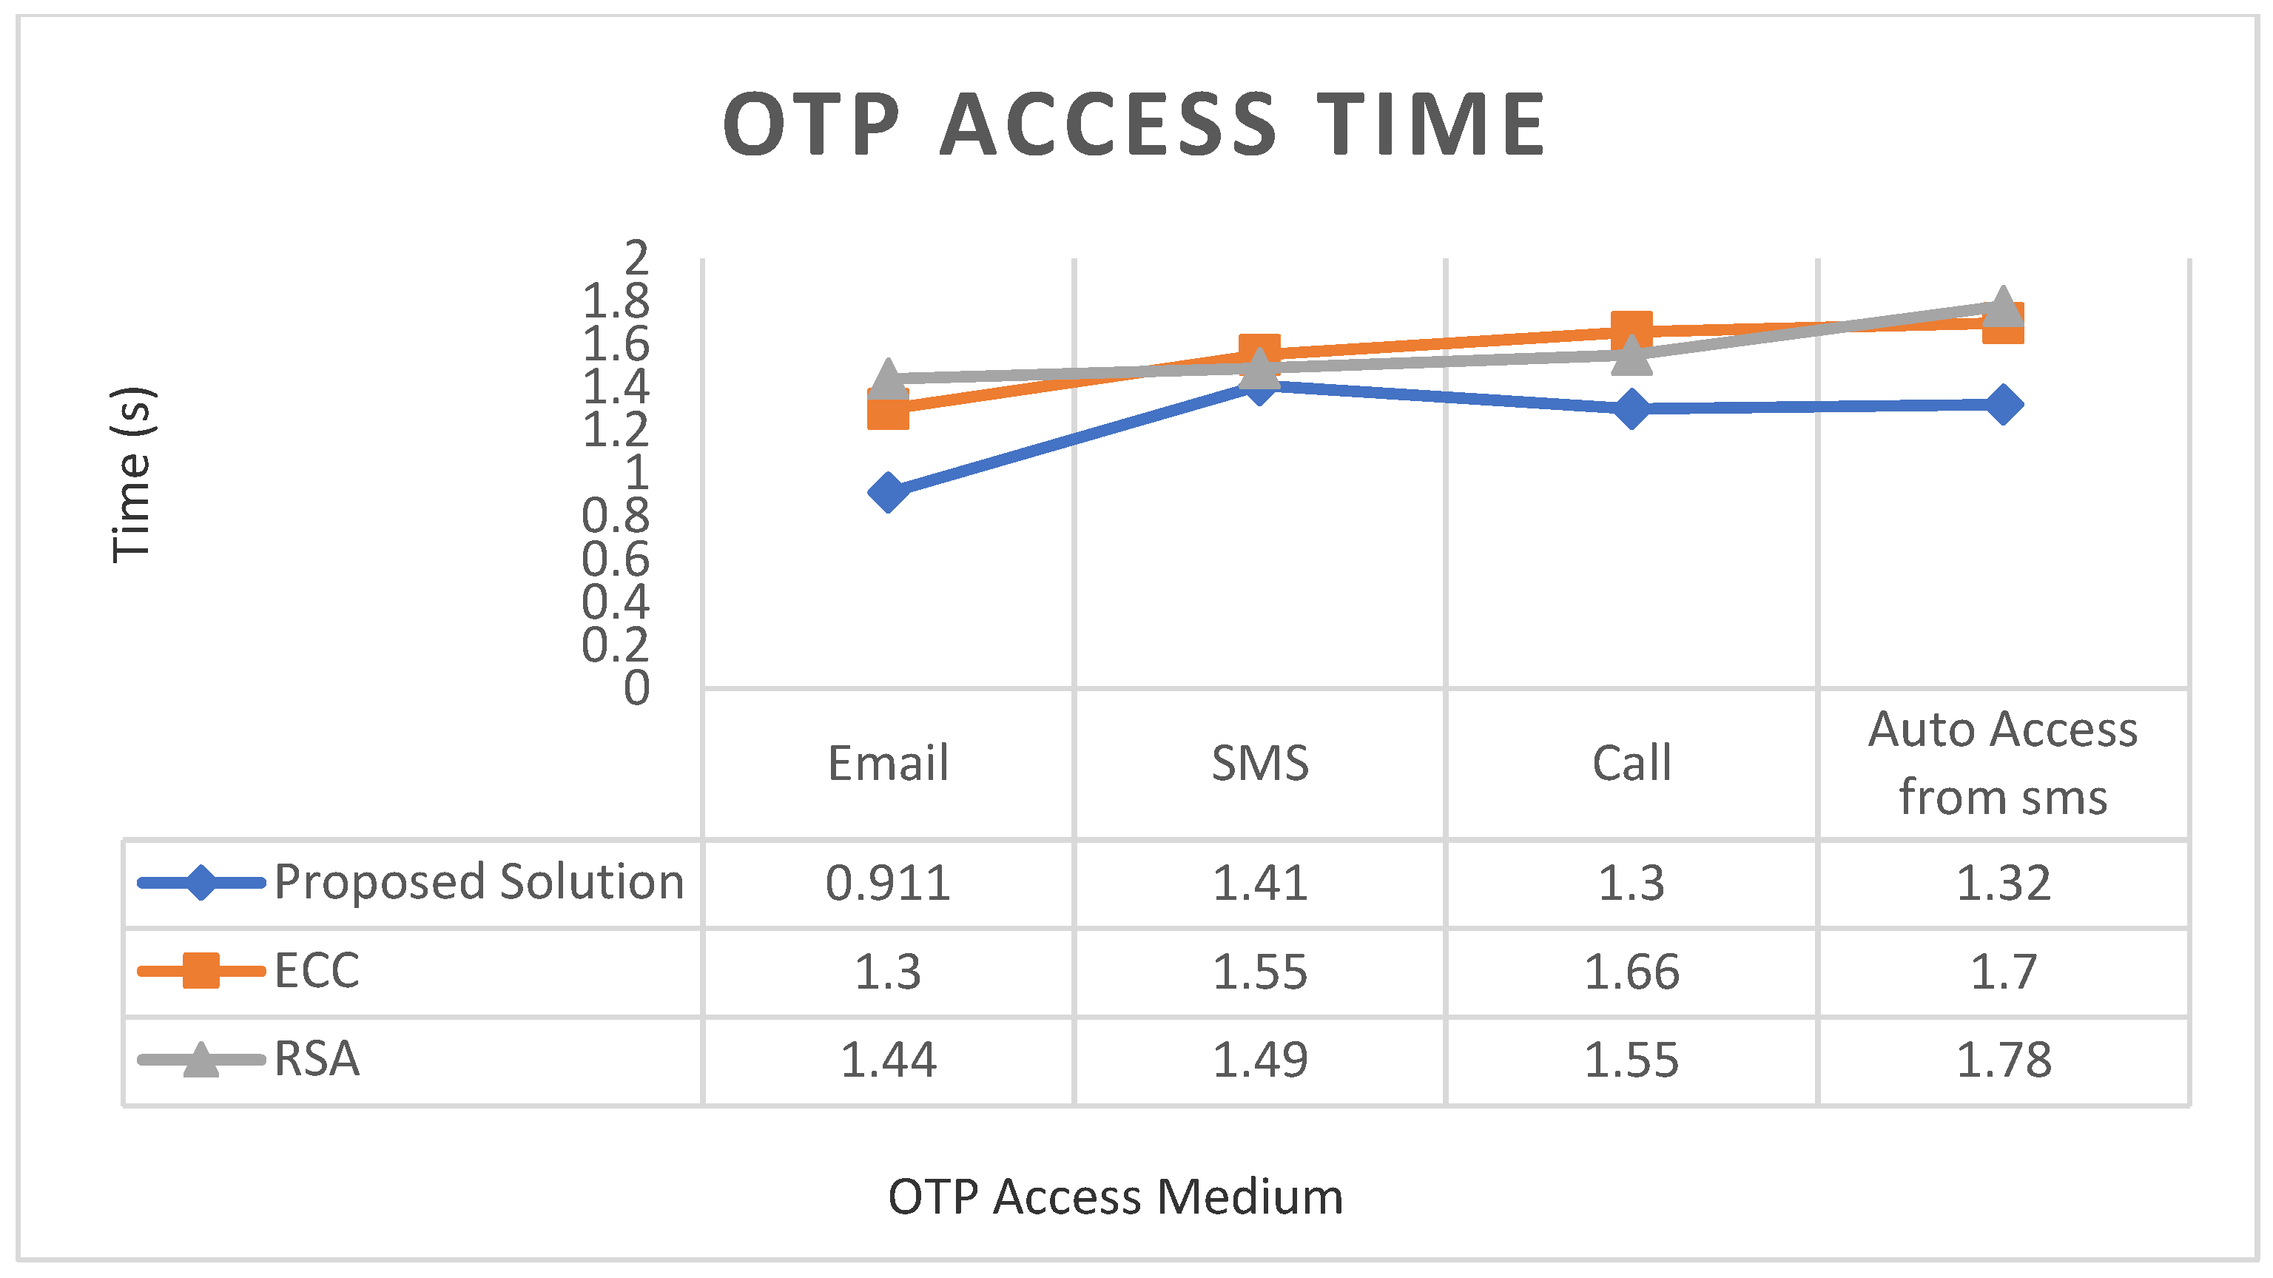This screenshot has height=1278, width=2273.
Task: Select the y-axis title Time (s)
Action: click(132, 475)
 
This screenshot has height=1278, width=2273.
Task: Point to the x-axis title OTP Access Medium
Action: click(1115, 1197)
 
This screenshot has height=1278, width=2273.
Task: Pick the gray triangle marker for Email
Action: click(889, 377)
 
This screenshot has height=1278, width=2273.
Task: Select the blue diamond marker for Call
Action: click(1631, 408)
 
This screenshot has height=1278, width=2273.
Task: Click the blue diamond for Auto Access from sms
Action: click(2003, 404)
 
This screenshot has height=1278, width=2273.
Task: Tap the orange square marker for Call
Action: click(1631, 330)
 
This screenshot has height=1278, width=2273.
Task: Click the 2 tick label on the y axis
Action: click(636, 258)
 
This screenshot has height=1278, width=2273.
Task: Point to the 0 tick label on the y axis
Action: click(636, 688)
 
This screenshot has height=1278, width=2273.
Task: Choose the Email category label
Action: click(889, 764)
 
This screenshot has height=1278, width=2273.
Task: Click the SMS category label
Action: click(1260, 764)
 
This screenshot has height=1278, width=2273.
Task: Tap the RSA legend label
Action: click(317, 1059)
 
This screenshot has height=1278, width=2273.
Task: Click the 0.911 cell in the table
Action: click(889, 884)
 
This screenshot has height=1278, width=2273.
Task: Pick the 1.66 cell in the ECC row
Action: click(1631, 972)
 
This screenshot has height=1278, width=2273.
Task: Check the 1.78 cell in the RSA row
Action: click(2003, 1060)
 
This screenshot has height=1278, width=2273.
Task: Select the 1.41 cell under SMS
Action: click(1260, 884)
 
